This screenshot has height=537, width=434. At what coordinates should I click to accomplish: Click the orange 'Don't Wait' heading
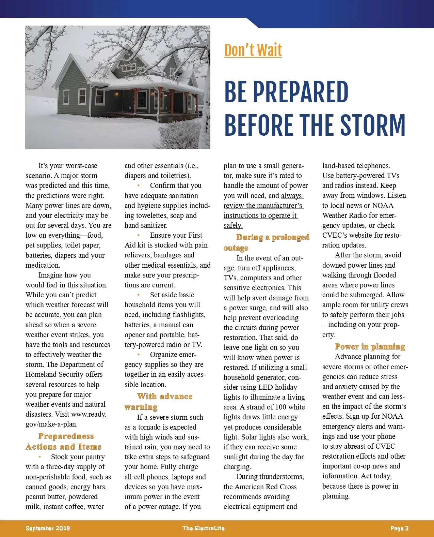(x=253, y=50)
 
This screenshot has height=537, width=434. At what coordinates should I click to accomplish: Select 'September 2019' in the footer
(x=48, y=528)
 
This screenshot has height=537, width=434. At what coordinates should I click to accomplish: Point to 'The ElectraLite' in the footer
(x=204, y=528)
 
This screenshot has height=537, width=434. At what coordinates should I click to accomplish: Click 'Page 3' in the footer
(x=399, y=528)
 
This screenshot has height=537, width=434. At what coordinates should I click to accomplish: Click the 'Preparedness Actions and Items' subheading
(x=64, y=442)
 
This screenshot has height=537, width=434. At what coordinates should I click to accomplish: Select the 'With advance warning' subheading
(x=159, y=401)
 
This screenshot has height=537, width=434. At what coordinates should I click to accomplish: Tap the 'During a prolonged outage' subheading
(x=266, y=242)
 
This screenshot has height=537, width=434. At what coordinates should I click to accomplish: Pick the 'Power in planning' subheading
(x=370, y=346)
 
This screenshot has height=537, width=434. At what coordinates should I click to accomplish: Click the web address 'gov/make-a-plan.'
(x=51, y=424)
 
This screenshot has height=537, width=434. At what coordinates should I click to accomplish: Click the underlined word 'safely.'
(x=233, y=225)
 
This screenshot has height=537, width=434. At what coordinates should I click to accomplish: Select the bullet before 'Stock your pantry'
(x=40, y=457)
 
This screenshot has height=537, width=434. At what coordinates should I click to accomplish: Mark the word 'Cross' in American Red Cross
(x=288, y=487)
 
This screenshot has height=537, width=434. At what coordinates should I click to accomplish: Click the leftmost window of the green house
(x=66, y=97)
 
